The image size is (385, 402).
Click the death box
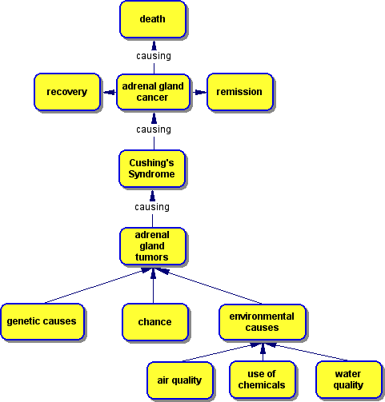point(153,19)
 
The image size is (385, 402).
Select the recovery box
point(67,92)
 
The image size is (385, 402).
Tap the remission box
point(240,92)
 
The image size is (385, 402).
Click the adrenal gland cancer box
point(153,92)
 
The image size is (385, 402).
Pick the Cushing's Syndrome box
point(152,169)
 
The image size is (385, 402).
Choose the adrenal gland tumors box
point(153,246)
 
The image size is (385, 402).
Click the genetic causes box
point(42,321)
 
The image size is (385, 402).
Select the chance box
point(155,322)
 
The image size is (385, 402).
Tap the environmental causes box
point(263,322)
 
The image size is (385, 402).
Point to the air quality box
point(180,380)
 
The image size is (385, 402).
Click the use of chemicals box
point(263,380)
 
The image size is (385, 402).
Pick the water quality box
point(349,380)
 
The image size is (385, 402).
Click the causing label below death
point(154,56)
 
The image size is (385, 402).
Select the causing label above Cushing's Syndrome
point(154,129)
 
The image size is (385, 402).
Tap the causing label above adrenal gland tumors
point(152,207)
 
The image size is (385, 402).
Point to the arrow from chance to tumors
point(153,286)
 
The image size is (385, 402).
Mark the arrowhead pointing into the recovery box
point(110,93)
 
